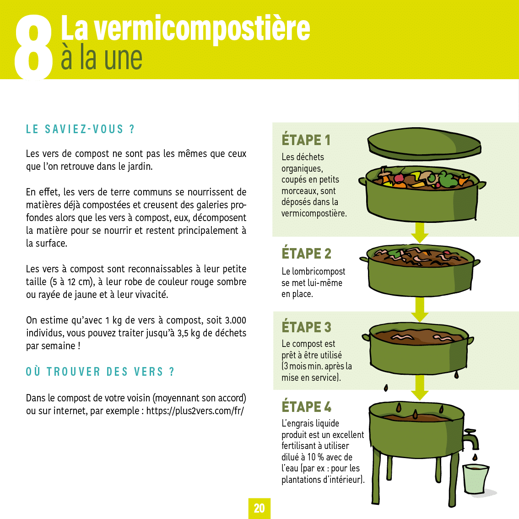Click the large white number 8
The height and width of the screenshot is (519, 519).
33,47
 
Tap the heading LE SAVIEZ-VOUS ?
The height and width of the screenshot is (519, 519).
81,129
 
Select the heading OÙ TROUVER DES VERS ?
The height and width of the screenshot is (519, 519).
100,372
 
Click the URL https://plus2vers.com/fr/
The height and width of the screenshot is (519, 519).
195,411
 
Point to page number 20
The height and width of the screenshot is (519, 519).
259,508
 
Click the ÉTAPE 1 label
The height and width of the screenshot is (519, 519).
306,140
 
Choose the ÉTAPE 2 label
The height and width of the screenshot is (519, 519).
306,254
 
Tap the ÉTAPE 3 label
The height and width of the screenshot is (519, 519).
306,327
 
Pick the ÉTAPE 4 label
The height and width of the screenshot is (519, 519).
306,407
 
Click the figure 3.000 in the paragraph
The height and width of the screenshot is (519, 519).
235,320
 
